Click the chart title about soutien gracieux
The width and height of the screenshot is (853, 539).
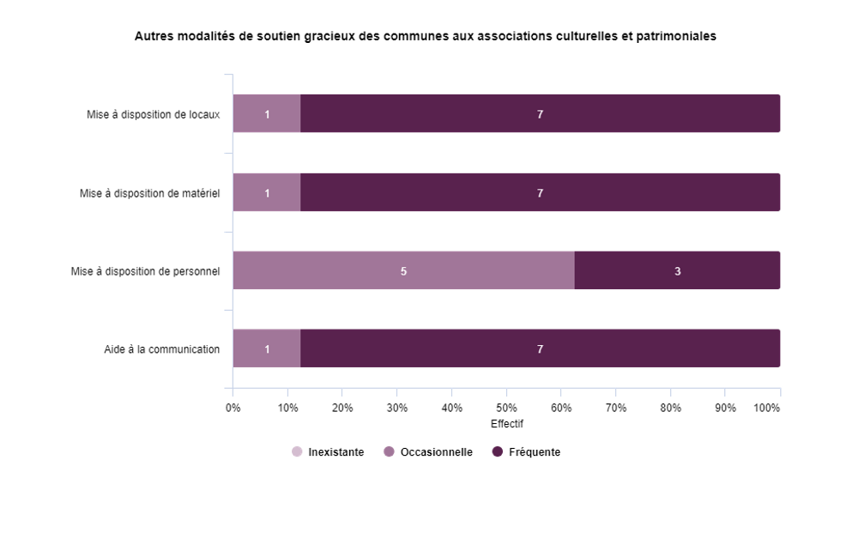tap(426, 37)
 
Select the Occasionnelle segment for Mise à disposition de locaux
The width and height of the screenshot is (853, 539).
tap(267, 113)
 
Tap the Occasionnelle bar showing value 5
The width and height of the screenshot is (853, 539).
tap(403, 270)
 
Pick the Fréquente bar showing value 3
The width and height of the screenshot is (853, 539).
tap(677, 270)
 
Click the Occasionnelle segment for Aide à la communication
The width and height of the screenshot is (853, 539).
tap(267, 348)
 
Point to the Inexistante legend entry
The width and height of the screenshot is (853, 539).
tap(328, 452)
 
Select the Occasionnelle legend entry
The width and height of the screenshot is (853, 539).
tap(428, 452)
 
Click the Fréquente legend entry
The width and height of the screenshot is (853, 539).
tap(526, 452)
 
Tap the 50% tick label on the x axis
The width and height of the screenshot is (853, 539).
tap(506, 408)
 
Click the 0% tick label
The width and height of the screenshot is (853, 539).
tap(233, 408)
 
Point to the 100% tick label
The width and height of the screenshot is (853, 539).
tap(766, 408)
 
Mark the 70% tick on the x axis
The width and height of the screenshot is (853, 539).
tap(615, 408)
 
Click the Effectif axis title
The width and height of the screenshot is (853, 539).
tap(506, 424)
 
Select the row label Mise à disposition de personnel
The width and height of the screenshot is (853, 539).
tap(145, 271)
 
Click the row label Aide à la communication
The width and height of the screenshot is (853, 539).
tap(161, 349)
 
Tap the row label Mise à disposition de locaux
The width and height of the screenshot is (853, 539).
tap(153, 114)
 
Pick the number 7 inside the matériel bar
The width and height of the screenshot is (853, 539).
tap(540, 193)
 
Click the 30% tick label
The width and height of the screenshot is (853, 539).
tap(396, 408)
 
